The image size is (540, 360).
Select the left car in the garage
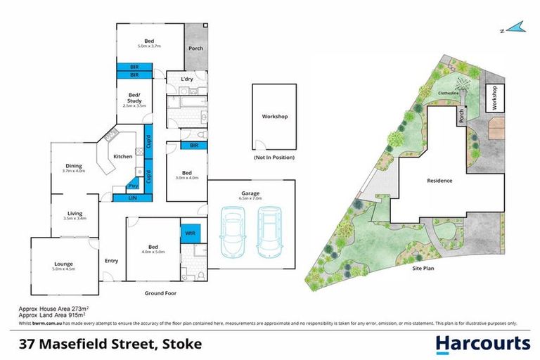[234, 231]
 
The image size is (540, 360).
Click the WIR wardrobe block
[190, 232]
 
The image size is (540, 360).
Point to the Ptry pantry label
[133, 186]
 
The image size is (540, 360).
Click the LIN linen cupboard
[132, 199]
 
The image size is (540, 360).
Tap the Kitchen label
[123, 156]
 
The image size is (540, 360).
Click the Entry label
[111, 261]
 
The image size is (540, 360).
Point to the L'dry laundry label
[186, 79]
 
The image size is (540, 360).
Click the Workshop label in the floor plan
[275, 117]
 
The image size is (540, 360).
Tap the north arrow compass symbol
[515, 28]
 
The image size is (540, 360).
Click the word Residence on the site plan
[439, 181]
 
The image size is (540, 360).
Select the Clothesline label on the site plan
[449, 92]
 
